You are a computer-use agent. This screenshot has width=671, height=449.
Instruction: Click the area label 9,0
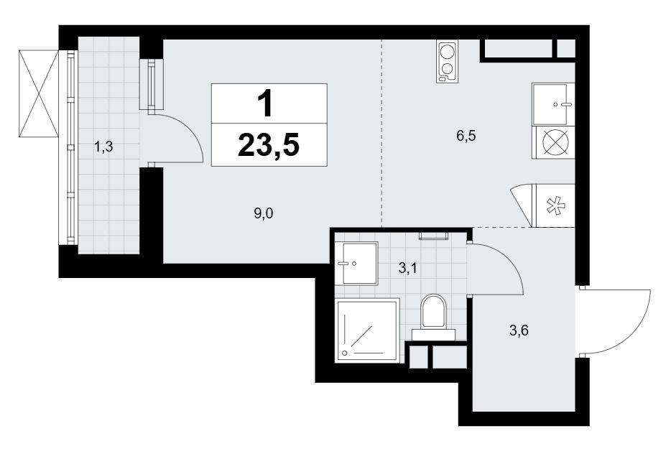(x=263, y=213)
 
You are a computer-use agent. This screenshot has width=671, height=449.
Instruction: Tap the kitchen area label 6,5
(x=466, y=136)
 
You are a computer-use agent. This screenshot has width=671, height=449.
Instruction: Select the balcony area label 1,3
(x=103, y=147)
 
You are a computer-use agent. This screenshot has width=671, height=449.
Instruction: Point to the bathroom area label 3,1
(x=408, y=269)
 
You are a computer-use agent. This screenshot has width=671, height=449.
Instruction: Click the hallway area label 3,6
(x=519, y=330)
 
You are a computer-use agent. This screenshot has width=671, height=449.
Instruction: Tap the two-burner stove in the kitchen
(x=447, y=61)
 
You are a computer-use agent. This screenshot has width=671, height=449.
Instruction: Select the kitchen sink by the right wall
(x=553, y=104)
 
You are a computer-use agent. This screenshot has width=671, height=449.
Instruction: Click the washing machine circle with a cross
(x=554, y=142)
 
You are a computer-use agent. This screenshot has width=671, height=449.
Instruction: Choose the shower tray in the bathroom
(x=367, y=330)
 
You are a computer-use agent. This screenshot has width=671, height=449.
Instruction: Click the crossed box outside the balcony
(x=38, y=93)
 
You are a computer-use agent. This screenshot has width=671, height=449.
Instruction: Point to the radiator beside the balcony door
(x=152, y=83)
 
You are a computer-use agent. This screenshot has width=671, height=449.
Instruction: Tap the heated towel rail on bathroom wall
(x=433, y=236)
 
